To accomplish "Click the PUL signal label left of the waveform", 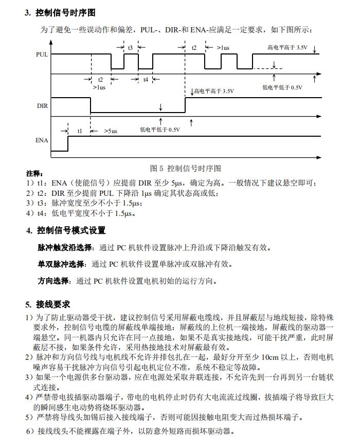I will [x=42, y=53].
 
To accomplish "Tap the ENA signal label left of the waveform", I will [x=42, y=140].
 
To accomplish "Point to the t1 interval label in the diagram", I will [x=79, y=131].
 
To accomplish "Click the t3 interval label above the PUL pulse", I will [x=131, y=47].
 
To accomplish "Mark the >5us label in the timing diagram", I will [x=111, y=131].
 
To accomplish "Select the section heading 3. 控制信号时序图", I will [x=60, y=13].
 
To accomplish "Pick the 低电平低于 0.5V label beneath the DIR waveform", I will [x=159, y=130].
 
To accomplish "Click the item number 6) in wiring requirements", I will [x=30, y=431].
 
